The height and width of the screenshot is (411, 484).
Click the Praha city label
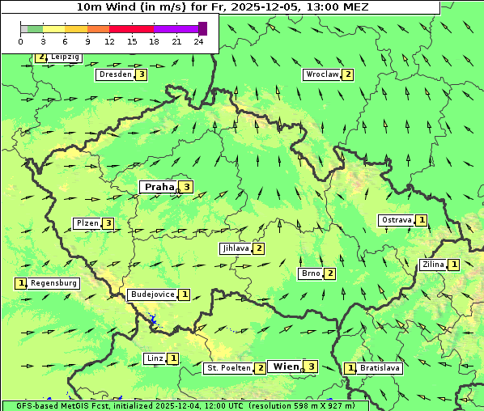159,187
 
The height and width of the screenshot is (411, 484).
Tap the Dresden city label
115,74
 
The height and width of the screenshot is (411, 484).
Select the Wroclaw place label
321,74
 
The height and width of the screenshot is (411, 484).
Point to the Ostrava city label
397,220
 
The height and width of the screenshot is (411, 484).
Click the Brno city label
311,273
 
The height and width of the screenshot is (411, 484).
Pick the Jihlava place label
236,248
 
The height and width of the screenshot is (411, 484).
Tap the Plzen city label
87,223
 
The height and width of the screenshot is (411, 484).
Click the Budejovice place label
152,294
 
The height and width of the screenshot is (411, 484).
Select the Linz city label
155,358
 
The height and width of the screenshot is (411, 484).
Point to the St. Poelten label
228,368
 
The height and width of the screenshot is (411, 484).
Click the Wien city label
286,367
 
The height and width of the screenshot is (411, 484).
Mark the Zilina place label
433,265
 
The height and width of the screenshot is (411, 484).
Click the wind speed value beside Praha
187,187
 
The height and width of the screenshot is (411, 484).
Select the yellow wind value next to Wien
311,367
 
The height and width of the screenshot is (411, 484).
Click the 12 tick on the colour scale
109,41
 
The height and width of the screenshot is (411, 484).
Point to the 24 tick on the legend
198,41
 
